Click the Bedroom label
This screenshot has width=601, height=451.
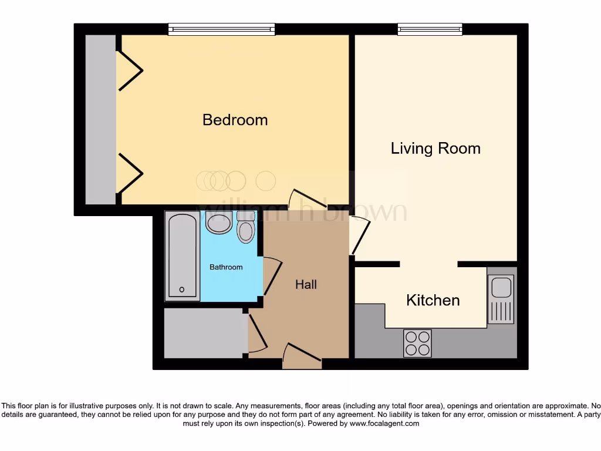pyautogui.click(x=235, y=120)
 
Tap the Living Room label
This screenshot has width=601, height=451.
pyautogui.click(x=435, y=149)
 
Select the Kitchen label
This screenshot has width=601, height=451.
pyautogui.click(x=433, y=301)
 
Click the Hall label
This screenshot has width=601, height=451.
pyautogui.click(x=306, y=285)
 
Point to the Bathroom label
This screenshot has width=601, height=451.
pyautogui.click(x=226, y=267)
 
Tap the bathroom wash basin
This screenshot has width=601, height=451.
pyautogui.click(x=220, y=223)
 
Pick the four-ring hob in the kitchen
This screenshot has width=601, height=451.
pyautogui.click(x=417, y=343)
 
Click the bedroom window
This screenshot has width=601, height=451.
pyautogui.click(x=221, y=29)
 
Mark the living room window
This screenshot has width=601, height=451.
pyautogui.click(x=430, y=29)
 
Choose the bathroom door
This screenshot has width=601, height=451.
pyautogui.click(x=271, y=276)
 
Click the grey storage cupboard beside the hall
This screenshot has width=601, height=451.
pyautogui.click(x=203, y=332)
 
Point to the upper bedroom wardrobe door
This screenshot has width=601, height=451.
pyautogui.click(x=130, y=71)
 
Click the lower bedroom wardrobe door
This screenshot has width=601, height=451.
pyautogui.click(x=130, y=173)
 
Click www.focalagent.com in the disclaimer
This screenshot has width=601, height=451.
pyautogui.click(x=384, y=423)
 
